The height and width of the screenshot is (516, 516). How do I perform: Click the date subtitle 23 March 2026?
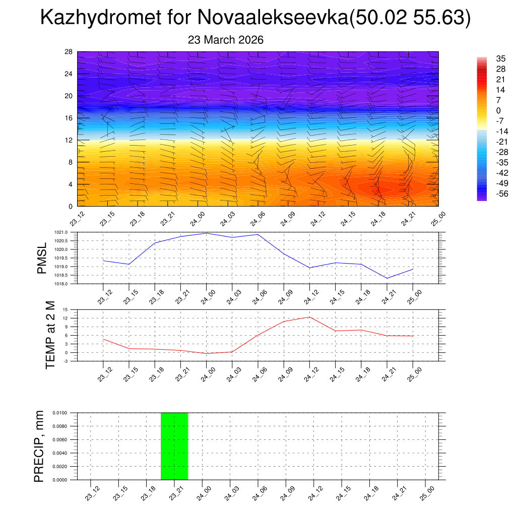(x=226, y=40)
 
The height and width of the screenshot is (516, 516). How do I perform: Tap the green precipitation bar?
(x=174, y=446)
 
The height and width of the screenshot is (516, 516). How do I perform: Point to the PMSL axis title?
(x=42, y=258)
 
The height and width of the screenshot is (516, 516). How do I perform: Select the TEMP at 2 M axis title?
(x=50, y=335)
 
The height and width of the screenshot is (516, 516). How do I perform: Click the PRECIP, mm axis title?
(x=39, y=446)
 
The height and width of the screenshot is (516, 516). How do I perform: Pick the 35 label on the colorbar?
(x=500, y=58)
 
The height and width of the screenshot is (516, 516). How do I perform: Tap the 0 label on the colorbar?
(x=498, y=110)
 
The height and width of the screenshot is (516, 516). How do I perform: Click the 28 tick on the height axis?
(x=69, y=52)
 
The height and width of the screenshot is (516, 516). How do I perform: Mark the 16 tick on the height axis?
(x=69, y=118)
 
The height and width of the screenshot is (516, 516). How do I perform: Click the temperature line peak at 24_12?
(x=309, y=317)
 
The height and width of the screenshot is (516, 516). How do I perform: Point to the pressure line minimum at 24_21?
(x=387, y=278)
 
